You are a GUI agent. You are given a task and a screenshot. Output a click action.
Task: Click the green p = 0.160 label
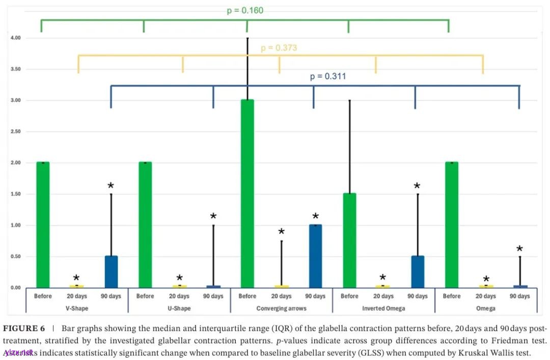point(245,10)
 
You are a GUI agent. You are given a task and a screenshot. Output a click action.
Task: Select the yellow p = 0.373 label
point(279,48)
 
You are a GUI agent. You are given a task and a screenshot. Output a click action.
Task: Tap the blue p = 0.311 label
point(328,76)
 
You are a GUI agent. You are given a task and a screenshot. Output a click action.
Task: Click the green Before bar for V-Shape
point(43,225)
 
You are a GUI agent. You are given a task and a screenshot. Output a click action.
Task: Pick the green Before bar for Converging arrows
point(248,193)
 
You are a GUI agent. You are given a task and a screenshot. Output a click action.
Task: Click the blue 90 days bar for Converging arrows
point(315,256)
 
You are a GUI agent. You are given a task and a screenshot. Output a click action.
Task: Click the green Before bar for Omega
point(452,225)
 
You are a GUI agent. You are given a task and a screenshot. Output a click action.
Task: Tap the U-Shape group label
point(179,309)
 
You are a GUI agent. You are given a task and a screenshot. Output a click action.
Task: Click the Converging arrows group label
point(281,309)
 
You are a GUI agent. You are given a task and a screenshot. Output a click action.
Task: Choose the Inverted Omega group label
point(383,309)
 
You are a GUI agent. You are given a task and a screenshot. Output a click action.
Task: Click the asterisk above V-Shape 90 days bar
point(111,186)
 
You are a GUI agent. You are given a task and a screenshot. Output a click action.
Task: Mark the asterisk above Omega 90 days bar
point(519,249)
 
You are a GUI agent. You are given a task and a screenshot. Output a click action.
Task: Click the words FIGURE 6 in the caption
point(24,328)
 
